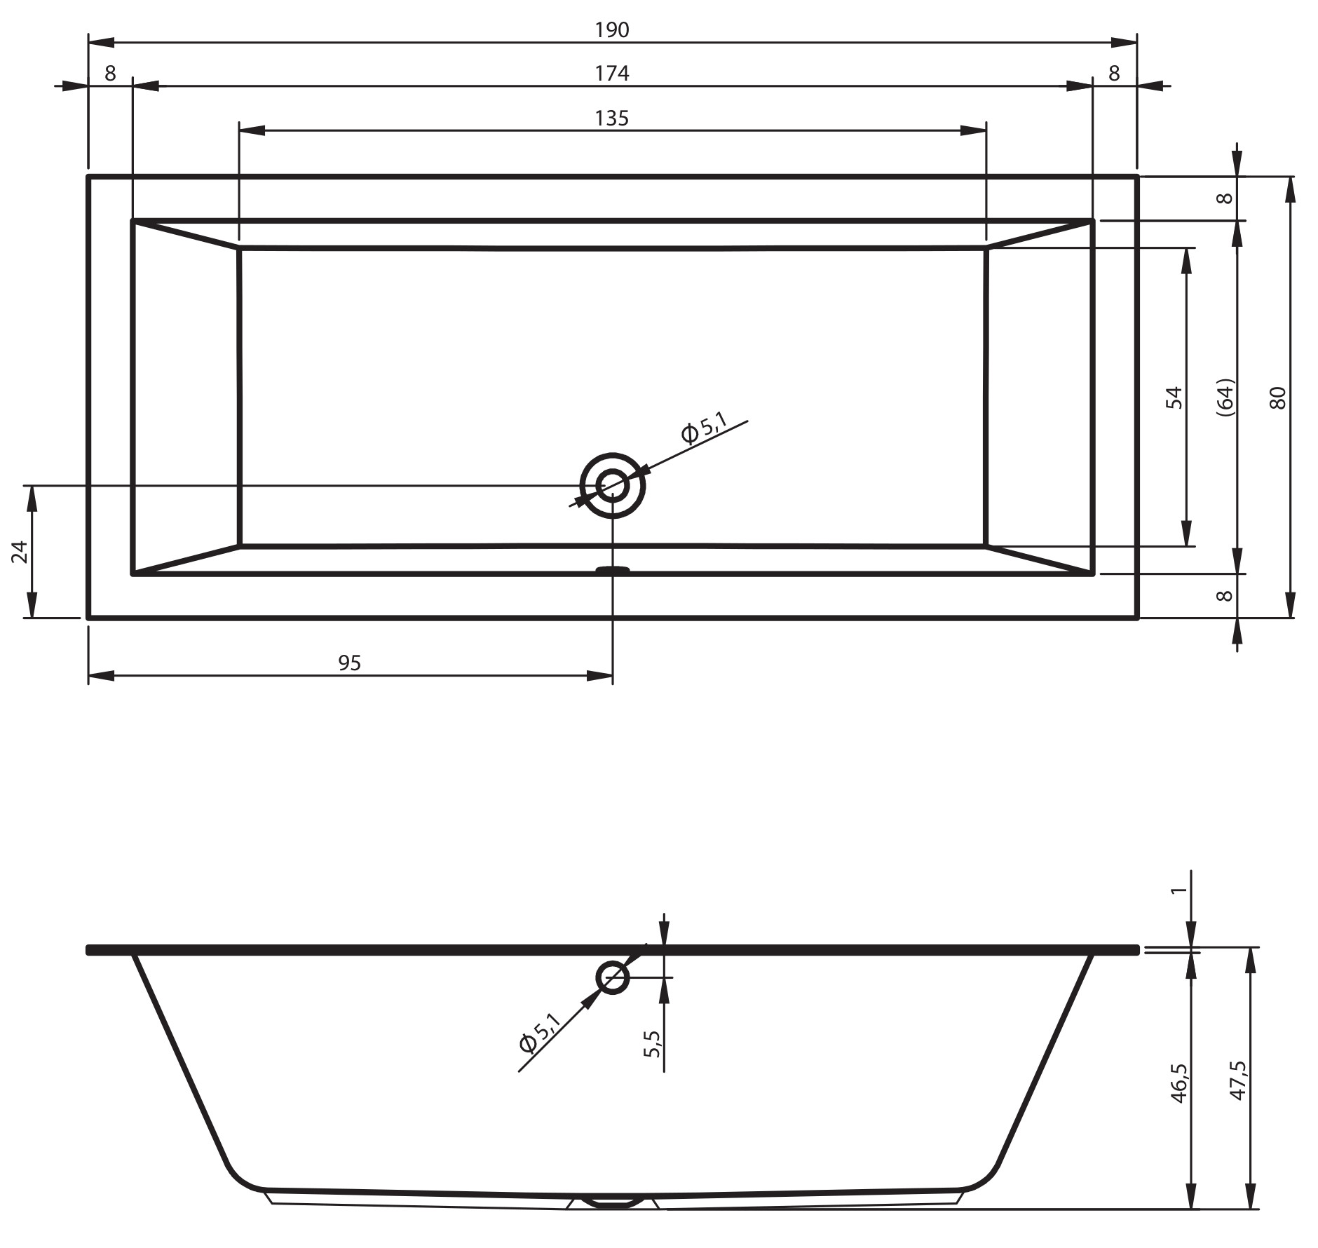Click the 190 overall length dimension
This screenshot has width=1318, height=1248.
612,30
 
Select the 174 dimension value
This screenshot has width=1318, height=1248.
612,74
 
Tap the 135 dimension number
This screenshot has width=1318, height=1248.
612,118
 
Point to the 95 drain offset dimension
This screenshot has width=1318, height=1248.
349,663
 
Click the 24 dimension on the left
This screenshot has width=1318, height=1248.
20,552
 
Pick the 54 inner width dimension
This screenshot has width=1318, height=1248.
1174,398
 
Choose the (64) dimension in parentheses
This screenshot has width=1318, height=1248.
1225,398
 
